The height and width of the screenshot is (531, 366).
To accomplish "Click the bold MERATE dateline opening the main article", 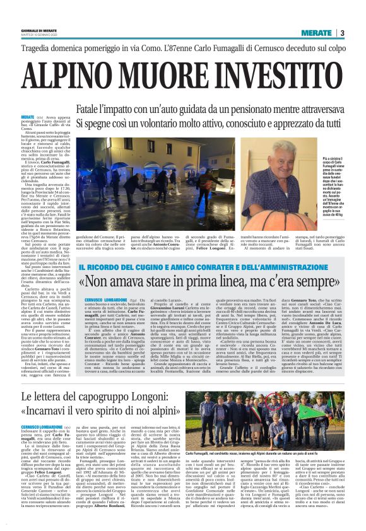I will coord(27,117).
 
